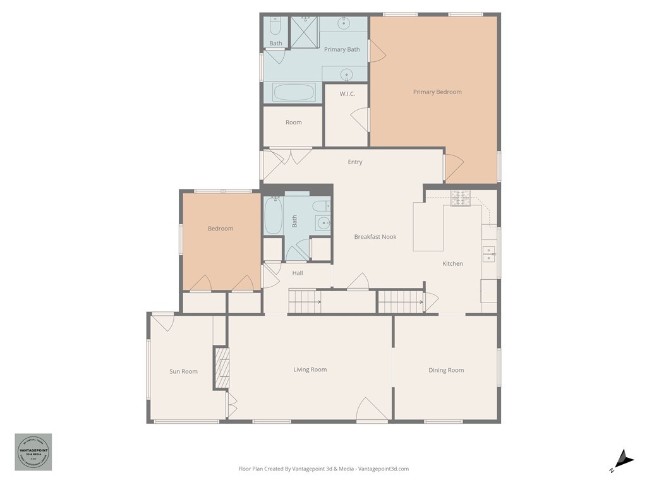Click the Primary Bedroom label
(437, 92)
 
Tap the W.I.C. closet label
(347, 94)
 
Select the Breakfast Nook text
(375, 237)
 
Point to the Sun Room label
(183, 371)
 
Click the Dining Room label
(446, 371)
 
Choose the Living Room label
(310, 369)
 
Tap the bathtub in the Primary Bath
(294, 93)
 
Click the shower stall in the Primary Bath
(304, 32)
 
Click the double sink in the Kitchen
(489, 254)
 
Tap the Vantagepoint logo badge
(33, 452)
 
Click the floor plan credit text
(323, 469)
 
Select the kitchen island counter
(428, 227)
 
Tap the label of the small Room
(294, 123)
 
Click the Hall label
(298, 273)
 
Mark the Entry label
(355, 162)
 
